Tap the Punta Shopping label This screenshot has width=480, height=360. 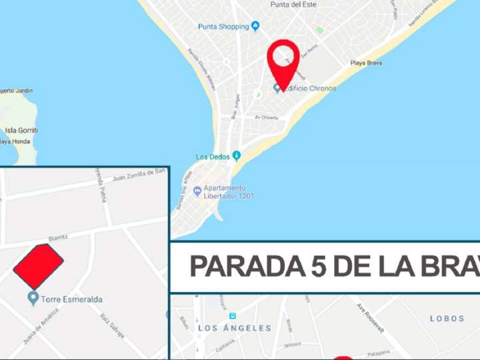(223, 27)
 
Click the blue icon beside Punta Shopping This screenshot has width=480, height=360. (255, 26)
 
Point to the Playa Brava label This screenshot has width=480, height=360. (365, 63)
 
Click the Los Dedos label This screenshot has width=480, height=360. (213, 157)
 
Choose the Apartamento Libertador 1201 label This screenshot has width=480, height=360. (225, 192)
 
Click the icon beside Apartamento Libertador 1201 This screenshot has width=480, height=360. (197, 191)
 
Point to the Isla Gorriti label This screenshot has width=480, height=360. (20, 131)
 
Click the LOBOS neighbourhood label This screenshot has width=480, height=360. (447, 319)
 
